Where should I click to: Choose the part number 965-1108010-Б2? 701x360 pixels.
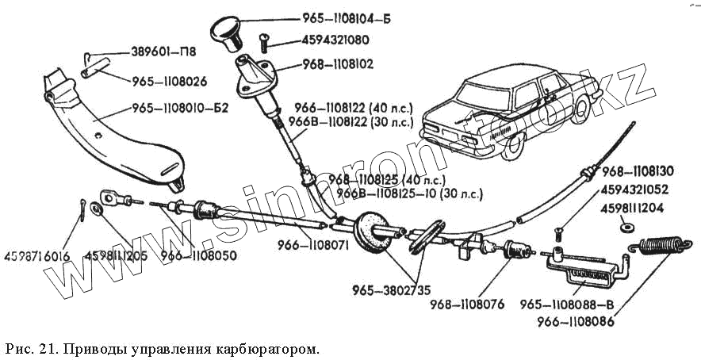point(181,108)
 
